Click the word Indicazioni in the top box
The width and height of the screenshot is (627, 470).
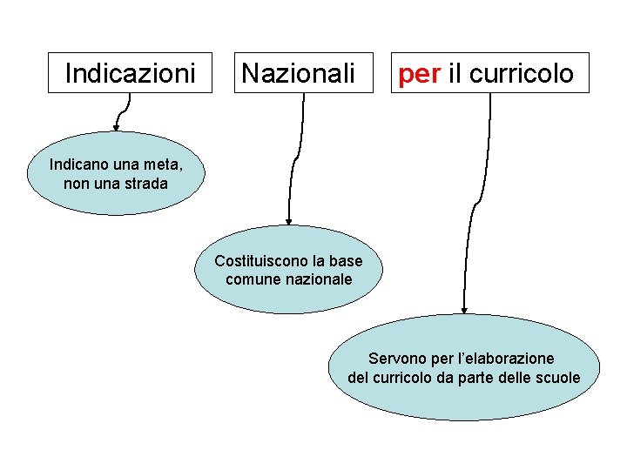coord(130,73)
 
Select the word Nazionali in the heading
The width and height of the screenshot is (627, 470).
coord(298,73)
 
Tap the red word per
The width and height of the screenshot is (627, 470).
coord(419,74)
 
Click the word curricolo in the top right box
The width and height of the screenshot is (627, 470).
coord(522,73)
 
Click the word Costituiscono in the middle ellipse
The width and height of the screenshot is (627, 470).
coord(257,261)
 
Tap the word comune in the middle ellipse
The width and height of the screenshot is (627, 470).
coord(251,279)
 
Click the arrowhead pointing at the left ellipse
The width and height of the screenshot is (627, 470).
coord(116,127)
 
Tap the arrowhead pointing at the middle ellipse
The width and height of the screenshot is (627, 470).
coord(289,222)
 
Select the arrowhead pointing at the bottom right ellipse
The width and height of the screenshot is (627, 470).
coord(465,309)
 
